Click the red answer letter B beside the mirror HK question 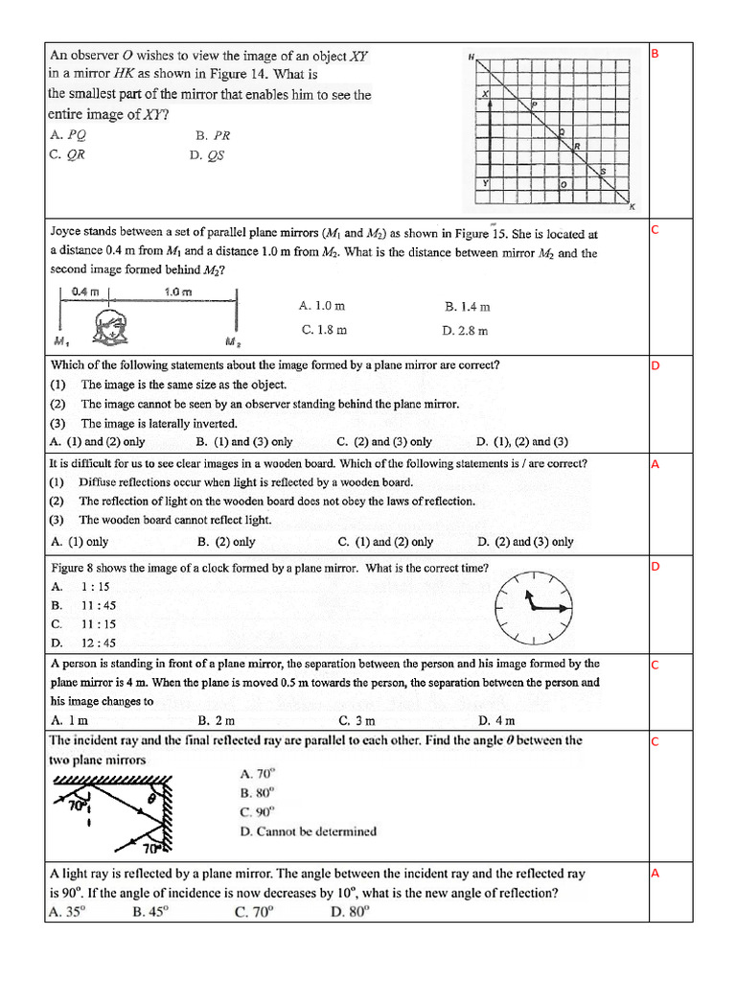point(655,54)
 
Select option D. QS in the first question point(207,154)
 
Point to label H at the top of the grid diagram point(471,57)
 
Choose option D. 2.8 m point(465,330)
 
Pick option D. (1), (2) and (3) point(522,442)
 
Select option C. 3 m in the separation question point(356,720)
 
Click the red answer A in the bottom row point(655,874)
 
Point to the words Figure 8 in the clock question point(74,568)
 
